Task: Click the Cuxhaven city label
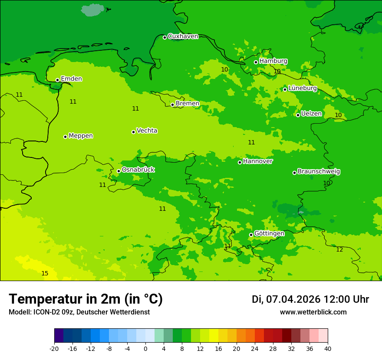click(183, 36)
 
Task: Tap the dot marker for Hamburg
click(256, 62)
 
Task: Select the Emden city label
click(71, 79)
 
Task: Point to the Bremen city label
click(187, 104)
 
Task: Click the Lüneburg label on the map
click(302, 88)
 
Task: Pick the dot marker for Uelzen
click(298, 115)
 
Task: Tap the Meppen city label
click(80, 136)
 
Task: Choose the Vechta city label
click(147, 131)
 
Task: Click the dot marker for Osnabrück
click(119, 171)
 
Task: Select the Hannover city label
click(257, 161)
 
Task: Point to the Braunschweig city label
click(319, 172)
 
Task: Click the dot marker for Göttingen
click(251, 235)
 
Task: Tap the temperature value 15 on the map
click(45, 273)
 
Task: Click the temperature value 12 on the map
click(339, 249)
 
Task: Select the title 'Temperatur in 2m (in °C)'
click(86, 299)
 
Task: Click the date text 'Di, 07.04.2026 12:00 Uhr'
click(310, 299)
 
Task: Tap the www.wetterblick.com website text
click(313, 312)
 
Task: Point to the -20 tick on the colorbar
click(54, 349)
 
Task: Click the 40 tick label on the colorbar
click(328, 349)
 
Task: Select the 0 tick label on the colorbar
click(145, 349)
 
